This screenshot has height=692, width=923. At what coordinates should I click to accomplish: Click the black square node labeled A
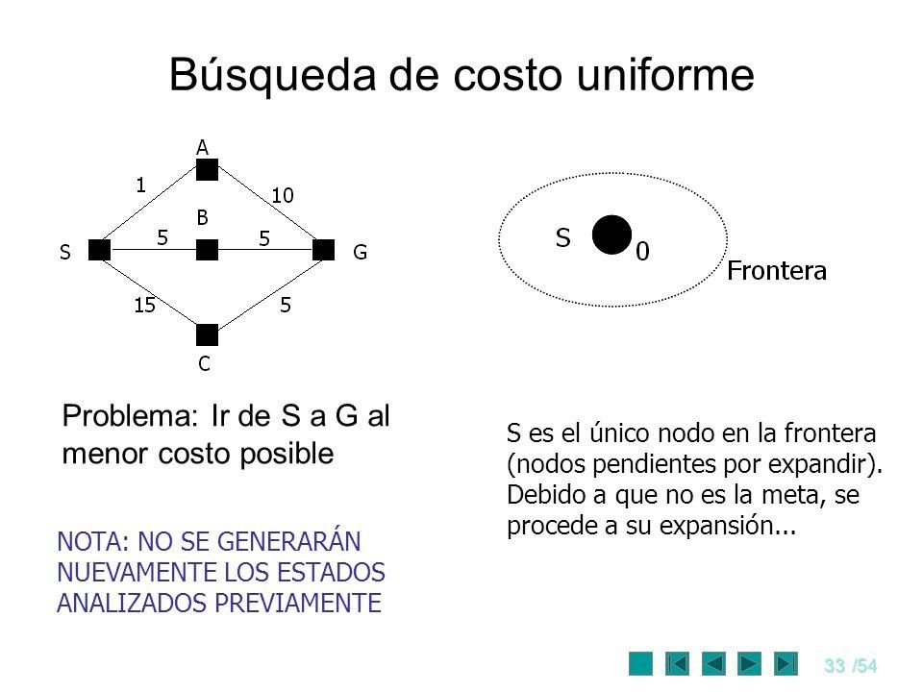(x=207, y=170)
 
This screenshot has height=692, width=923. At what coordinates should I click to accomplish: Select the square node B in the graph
(x=207, y=251)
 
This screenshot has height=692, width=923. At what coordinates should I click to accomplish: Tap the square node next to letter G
(x=324, y=251)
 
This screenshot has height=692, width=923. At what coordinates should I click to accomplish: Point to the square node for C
(x=207, y=334)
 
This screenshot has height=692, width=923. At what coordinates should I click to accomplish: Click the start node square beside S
(x=98, y=251)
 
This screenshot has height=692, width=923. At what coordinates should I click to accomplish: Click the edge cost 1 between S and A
(x=139, y=183)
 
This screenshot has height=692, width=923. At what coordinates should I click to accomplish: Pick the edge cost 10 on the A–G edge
(x=281, y=195)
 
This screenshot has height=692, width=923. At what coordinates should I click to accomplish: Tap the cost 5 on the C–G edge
(x=286, y=307)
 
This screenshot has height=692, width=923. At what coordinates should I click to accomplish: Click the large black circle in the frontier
(x=611, y=235)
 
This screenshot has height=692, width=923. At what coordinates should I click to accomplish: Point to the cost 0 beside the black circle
(x=641, y=252)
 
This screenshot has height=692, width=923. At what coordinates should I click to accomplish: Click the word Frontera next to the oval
(x=777, y=271)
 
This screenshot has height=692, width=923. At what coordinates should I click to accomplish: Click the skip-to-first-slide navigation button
(x=677, y=662)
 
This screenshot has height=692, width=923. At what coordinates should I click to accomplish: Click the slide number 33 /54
(x=850, y=662)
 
